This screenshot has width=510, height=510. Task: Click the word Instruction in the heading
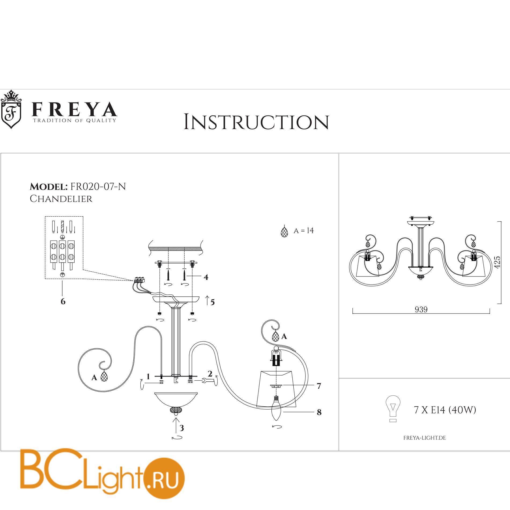point(256,122)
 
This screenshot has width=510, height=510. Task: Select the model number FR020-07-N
point(98,186)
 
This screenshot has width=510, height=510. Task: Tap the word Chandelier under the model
point(61,199)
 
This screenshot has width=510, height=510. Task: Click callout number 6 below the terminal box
point(63,301)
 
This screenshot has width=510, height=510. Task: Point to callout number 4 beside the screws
point(206,277)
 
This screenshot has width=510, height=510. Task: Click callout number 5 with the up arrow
point(212,302)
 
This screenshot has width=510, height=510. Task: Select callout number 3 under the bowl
point(182,428)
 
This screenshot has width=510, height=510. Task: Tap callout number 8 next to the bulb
point(319,412)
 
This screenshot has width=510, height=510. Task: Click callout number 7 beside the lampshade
point(319,386)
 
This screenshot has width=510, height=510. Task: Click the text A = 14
point(303,231)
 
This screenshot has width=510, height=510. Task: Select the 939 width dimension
point(421,309)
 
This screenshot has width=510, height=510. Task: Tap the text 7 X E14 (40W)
point(445,410)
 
